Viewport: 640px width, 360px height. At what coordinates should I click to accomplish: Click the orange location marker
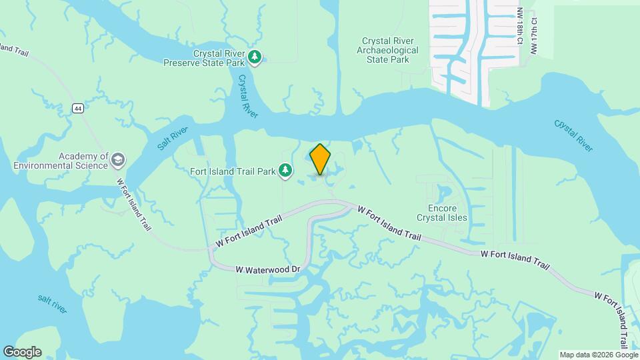point(320,159)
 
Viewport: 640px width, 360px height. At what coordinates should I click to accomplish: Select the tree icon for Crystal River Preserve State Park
point(254,58)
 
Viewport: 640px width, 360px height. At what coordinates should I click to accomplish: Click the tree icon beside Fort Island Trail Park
point(285,171)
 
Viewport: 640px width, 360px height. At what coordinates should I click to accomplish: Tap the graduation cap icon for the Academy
point(118,160)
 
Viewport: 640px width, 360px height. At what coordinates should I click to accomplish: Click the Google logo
point(22,352)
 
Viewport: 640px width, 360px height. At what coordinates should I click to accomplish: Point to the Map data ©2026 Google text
point(598,355)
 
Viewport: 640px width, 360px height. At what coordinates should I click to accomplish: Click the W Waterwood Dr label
point(269,269)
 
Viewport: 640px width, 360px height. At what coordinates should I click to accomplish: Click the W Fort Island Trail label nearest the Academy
point(134,204)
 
